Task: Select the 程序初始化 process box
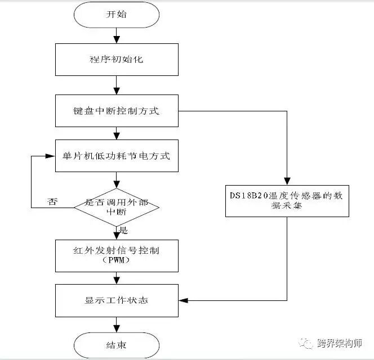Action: click(116, 58)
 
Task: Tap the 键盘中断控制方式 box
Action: click(116, 110)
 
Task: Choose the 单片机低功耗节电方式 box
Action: click(116, 156)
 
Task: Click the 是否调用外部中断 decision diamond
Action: click(117, 206)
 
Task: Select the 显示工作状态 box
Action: click(116, 300)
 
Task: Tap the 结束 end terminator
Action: click(116, 344)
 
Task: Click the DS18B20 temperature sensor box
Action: click(287, 200)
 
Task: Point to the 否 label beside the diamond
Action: click(52, 202)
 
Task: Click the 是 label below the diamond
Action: click(123, 230)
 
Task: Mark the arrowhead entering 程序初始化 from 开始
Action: click(116, 40)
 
